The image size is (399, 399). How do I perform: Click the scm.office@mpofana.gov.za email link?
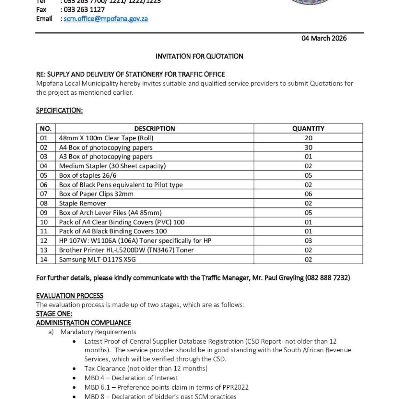coord(106,19)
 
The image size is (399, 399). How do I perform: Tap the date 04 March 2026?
coord(324,38)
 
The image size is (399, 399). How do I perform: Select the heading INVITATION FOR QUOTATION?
coord(199,56)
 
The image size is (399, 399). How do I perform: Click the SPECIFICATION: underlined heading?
coord(59,111)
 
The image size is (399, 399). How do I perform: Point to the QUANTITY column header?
coord(308,129)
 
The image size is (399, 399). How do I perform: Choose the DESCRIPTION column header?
coord(154,129)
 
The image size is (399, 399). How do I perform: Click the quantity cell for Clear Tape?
coord(308,138)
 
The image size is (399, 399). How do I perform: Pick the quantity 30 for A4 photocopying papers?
coord(308,147)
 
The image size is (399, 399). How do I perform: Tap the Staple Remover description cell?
coord(83,203)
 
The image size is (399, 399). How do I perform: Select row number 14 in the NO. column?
coord(44,260)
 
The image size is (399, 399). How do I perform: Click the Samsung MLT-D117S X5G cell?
coord(97,260)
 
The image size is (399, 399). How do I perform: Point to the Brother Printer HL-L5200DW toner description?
coord(126,250)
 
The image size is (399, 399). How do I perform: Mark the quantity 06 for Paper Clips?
coord(308,194)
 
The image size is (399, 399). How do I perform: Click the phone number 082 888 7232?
coord(327,278)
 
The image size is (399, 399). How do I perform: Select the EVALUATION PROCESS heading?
coord(70,296)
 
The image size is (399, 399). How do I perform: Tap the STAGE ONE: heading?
coord(54,314)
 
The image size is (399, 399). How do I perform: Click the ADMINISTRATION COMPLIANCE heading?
coord(83,323)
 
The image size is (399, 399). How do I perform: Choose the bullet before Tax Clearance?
coord(74,369)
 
